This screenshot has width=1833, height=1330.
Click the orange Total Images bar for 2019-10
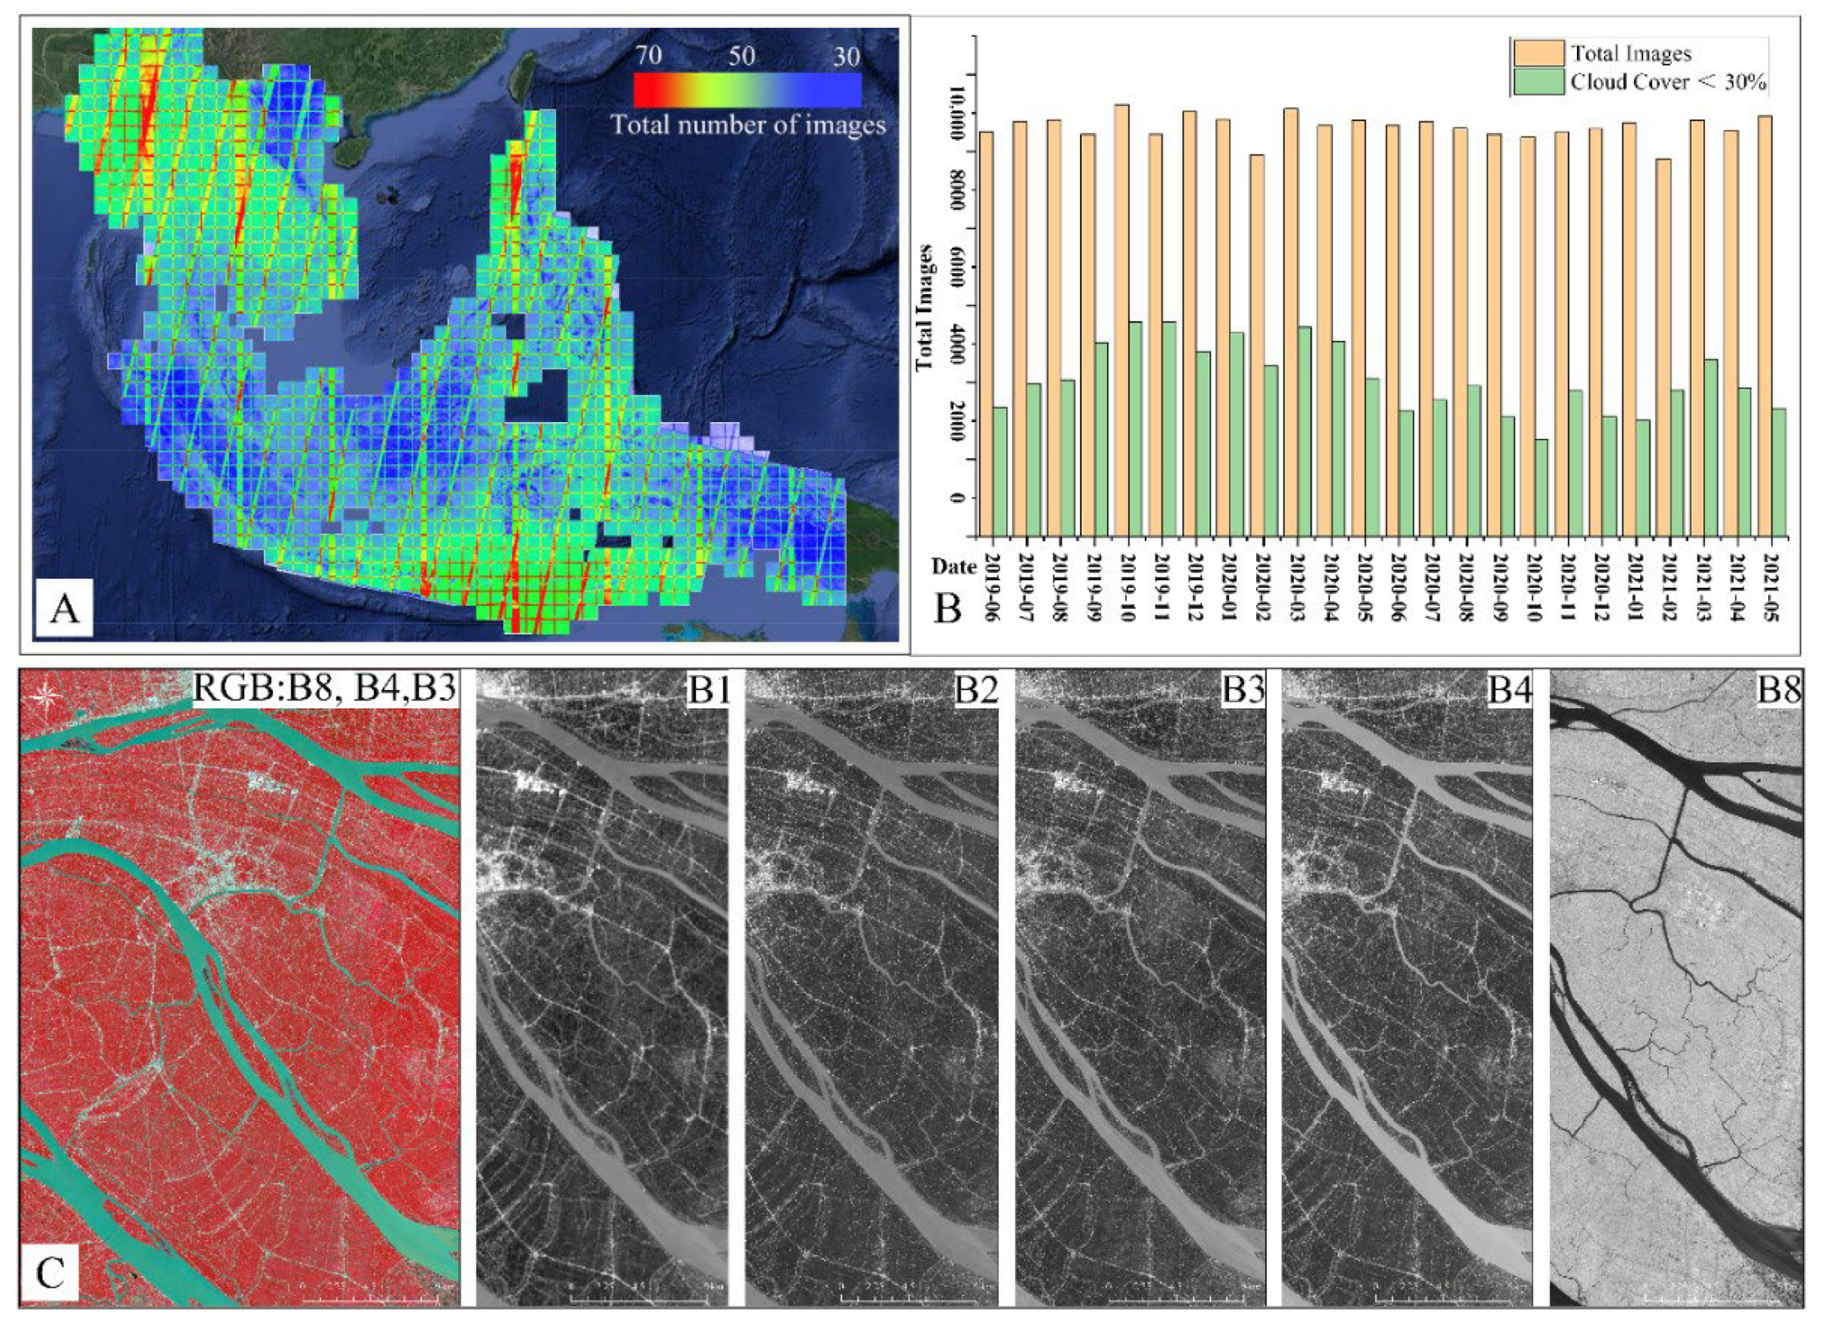[x=1121, y=320]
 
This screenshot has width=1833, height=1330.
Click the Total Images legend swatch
[x=1538, y=54]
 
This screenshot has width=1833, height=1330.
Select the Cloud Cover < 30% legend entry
[x=1667, y=83]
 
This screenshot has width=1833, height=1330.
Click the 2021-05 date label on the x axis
[x=1777, y=587]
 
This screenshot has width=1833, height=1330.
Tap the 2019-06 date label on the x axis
[x=991, y=587]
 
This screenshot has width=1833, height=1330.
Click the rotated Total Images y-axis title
[x=924, y=307]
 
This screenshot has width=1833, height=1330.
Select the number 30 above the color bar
[x=846, y=57]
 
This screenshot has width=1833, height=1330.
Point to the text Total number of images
[x=747, y=126]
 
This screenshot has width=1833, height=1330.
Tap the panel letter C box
[x=50, y=1272]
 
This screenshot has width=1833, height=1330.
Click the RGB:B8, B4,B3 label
[x=324, y=688]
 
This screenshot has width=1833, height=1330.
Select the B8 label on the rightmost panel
[x=1777, y=690]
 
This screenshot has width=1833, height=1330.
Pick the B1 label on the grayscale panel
[x=708, y=690]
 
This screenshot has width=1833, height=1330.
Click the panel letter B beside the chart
[x=948, y=606]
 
